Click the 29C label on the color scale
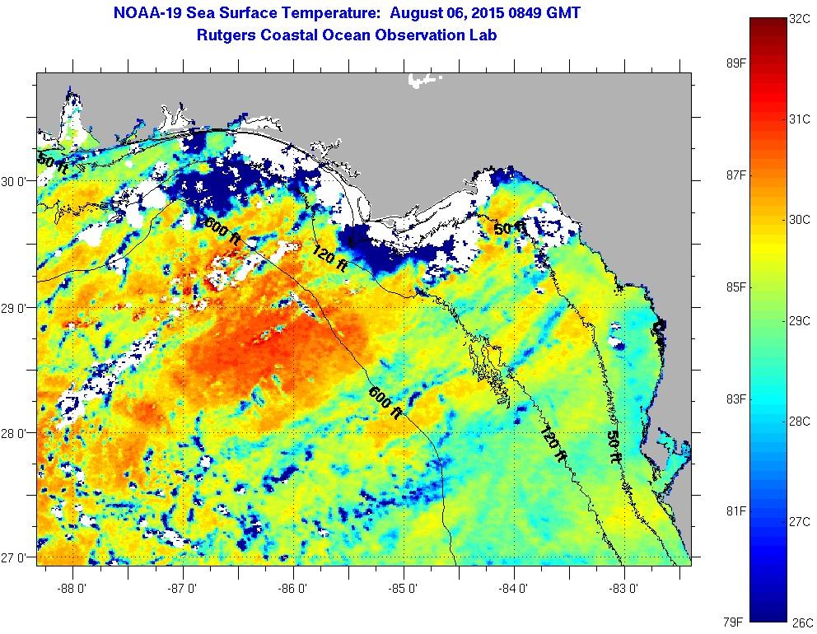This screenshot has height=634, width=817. [x=799, y=320]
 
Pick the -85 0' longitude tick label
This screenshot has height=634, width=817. [x=404, y=588]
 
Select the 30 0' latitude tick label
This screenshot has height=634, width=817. [x=18, y=182]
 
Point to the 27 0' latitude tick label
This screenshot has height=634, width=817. [x=18, y=557]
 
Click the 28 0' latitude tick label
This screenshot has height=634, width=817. [x=18, y=433]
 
